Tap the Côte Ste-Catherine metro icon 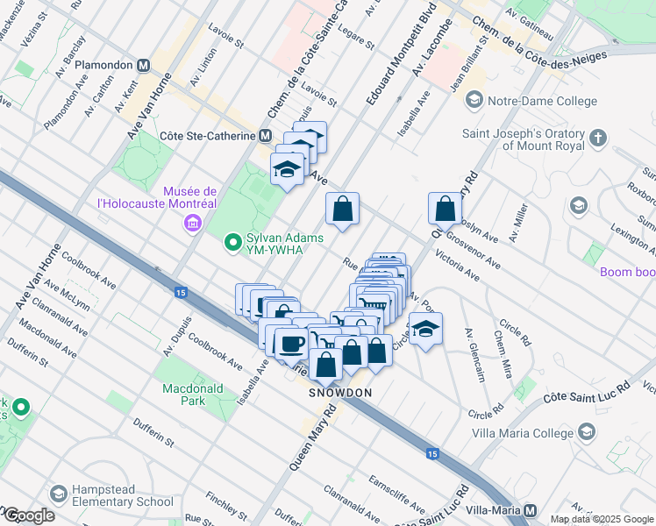(264, 136)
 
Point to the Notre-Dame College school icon (474, 101)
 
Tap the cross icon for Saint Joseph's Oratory (597, 139)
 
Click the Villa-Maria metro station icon (530, 509)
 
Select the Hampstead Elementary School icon (60, 494)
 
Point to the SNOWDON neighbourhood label (340, 393)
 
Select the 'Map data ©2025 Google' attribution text (602, 519)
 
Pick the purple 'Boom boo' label (627, 272)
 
